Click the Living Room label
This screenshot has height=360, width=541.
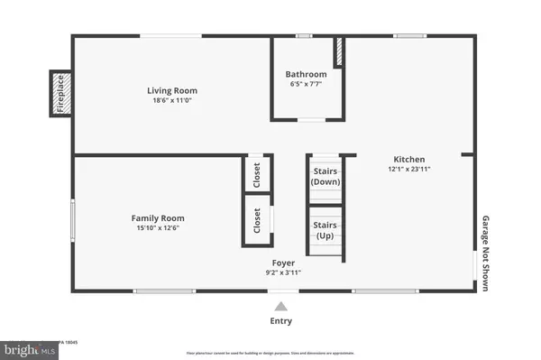pos(172,90)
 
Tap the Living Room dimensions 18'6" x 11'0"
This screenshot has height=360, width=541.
pos(172,100)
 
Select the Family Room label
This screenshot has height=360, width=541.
pos(158,218)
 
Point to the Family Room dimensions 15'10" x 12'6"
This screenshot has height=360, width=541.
pos(158,228)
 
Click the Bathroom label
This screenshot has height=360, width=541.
pos(306,74)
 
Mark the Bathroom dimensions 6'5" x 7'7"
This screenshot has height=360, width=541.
pos(306,84)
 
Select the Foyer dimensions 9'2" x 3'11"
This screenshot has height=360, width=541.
pos(283,272)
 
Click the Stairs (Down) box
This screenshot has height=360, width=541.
pos(325,176)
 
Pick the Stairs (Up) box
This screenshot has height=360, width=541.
pos(325,230)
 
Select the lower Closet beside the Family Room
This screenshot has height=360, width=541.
pos(257,220)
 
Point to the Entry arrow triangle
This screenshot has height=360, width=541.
pos(282,306)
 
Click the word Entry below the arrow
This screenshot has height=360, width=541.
pos(282,321)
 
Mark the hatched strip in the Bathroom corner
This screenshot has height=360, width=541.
pos(339,51)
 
